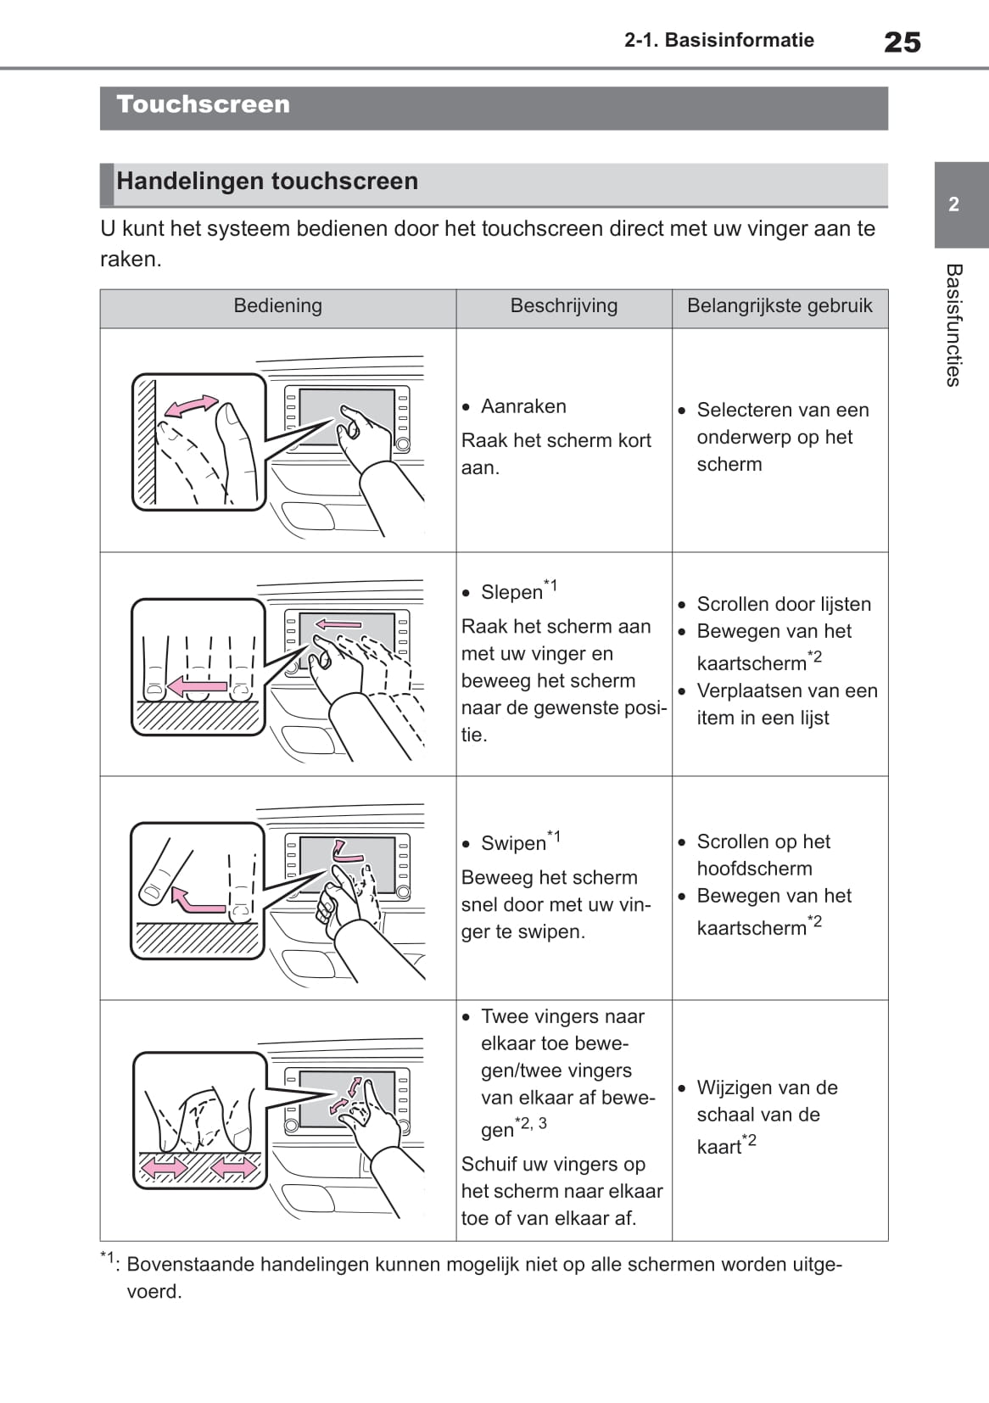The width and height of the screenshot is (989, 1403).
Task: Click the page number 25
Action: pyautogui.click(x=902, y=42)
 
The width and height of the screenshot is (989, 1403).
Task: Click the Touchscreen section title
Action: pyautogui.click(x=203, y=104)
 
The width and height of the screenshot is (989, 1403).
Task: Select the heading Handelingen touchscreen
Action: pyautogui.click(x=267, y=181)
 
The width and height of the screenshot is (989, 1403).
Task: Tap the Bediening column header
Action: pyautogui.click(x=277, y=305)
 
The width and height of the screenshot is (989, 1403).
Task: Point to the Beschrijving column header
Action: pyautogui.click(x=564, y=305)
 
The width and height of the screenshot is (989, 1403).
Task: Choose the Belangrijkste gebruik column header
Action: pyautogui.click(x=779, y=305)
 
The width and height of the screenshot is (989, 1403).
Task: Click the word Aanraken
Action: pyautogui.click(x=523, y=406)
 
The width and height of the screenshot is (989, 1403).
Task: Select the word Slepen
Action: pyautogui.click(x=511, y=592)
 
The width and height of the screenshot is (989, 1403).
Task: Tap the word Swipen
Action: pyautogui.click(x=514, y=843)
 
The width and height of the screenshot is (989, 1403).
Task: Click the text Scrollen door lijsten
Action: pyautogui.click(x=785, y=604)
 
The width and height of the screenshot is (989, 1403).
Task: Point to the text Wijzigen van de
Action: pyautogui.click(x=768, y=1087)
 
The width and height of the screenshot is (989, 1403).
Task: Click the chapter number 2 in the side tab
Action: pyautogui.click(x=953, y=204)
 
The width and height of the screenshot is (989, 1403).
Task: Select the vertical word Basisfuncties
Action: pyautogui.click(x=953, y=325)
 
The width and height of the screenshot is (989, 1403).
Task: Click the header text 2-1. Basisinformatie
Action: pyautogui.click(x=719, y=40)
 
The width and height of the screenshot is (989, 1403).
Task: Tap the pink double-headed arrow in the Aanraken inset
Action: pyautogui.click(x=191, y=405)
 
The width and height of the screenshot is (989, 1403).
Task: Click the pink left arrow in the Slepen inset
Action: pyautogui.click(x=198, y=686)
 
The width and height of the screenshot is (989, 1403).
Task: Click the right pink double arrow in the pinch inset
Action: pyautogui.click(x=233, y=1167)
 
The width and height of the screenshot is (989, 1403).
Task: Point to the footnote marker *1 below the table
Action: pyautogui.click(x=108, y=1258)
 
